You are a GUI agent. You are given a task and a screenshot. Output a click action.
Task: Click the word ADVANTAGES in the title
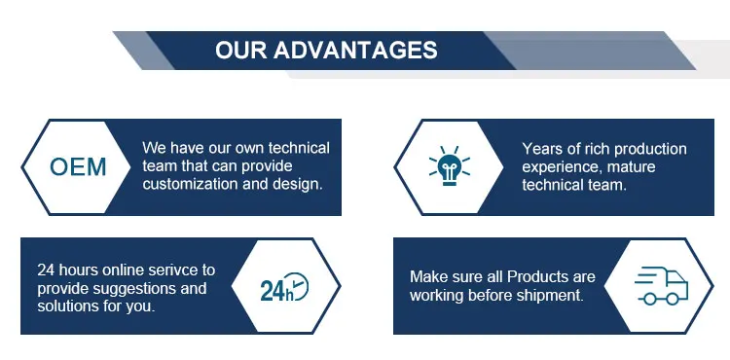(355, 50)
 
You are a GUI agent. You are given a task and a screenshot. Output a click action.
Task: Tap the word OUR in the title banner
(241, 50)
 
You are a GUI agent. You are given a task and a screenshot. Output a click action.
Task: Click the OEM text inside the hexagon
(78, 167)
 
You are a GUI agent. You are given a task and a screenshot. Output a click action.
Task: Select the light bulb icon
(450, 166)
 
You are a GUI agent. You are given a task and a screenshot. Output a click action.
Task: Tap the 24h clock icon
(284, 286)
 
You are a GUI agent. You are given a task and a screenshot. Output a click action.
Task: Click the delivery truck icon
(661, 286)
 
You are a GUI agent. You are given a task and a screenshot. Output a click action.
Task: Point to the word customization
(191, 184)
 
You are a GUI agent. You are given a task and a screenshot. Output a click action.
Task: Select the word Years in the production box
(540, 149)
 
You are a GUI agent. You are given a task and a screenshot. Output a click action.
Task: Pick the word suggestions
(134, 289)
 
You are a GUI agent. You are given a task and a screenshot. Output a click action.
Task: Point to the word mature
(632, 167)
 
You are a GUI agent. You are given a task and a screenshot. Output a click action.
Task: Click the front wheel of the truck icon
(673, 299)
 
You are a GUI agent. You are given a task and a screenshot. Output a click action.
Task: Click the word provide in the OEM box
(270, 166)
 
